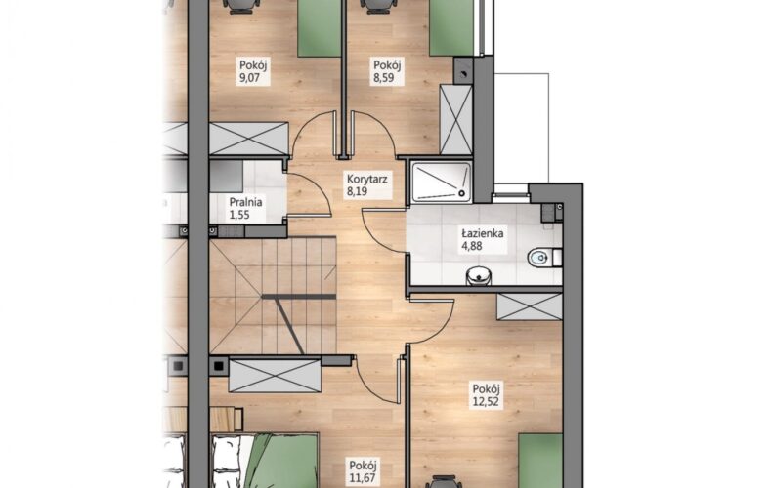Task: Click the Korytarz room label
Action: [x=366, y=179]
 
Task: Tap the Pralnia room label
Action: [x=245, y=202]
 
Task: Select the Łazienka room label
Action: [x=483, y=233]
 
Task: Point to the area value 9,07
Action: [x=248, y=77]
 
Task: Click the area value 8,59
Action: [x=383, y=77]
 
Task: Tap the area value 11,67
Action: [x=364, y=477]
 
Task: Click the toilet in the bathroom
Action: [x=545, y=258]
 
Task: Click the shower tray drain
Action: [x=462, y=193]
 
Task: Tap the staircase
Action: [x=273, y=295]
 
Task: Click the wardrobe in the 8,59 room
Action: [x=455, y=119]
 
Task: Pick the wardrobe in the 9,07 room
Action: [x=248, y=139]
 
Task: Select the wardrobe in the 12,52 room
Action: [x=530, y=306]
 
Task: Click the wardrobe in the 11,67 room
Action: [x=275, y=377]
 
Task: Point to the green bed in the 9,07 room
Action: [x=320, y=28]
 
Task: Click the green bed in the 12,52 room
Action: [x=540, y=461]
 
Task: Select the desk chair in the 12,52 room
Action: [x=444, y=481]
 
